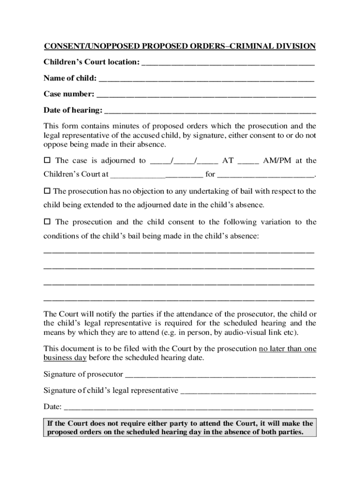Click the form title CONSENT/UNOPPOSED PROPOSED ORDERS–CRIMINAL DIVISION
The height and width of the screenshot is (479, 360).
(x=180, y=46)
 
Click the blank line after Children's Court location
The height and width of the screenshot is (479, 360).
(x=228, y=63)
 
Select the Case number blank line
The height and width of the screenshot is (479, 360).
(x=206, y=94)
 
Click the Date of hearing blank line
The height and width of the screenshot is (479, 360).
(x=210, y=111)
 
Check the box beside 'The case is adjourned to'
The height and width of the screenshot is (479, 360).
(x=47, y=160)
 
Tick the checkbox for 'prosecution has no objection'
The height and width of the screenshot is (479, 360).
(x=47, y=191)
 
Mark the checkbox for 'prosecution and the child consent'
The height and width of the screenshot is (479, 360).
(x=47, y=222)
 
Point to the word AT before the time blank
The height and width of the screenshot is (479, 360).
(x=228, y=160)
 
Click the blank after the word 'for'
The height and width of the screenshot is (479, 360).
(x=266, y=175)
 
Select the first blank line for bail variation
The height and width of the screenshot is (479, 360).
(x=179, y=253)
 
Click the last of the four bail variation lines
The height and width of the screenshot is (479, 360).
(x=179, y=299)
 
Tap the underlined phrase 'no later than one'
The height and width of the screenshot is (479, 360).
(x=288, y=348)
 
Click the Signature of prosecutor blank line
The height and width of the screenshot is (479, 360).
(x=221, y=375)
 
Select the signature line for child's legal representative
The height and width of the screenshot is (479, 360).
(x=248, y=391)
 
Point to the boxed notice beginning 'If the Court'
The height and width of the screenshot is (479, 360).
(x=180, y=428)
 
